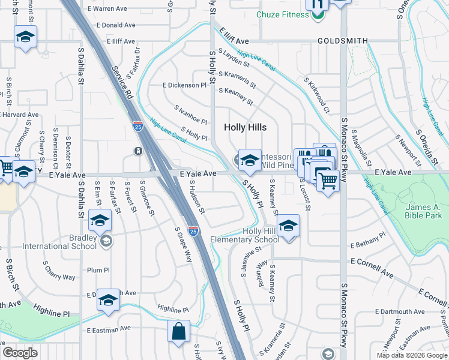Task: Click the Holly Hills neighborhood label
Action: pos(245,127)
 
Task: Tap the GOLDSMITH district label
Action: pos(342,41)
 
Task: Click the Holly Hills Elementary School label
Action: pos(244,235)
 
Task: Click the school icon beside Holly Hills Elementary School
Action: pos(289,226)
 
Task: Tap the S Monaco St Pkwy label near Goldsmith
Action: pos(344,149)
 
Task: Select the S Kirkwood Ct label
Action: pos(317,95)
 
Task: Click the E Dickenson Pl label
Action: pos(184,85)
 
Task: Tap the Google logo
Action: pos(20,353)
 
